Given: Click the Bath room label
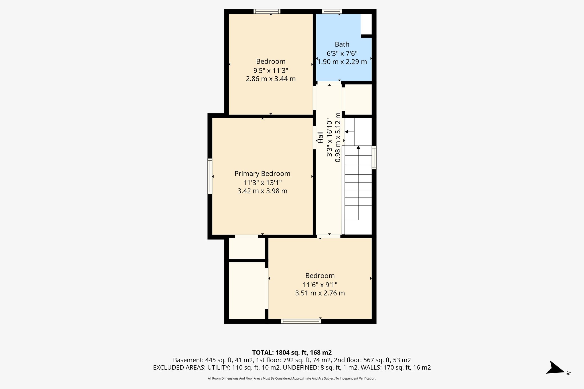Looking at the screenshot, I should click(x=342, y=44).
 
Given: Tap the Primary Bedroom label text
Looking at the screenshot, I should click(x=262, y=174).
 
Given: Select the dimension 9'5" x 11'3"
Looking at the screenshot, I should click(x=271, y=70).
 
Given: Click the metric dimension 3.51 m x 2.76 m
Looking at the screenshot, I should click(x=320, y=293).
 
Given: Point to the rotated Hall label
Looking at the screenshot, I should click(x=321, y=137).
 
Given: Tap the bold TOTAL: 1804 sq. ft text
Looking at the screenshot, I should click(x=292, y=353).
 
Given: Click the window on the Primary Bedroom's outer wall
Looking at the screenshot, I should click(x=210, y=176).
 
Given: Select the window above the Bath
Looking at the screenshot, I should click(x=332, y=11).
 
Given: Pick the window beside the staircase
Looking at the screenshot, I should click(x=374, y=157).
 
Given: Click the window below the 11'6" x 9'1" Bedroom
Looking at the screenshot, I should click(x=301, y=321).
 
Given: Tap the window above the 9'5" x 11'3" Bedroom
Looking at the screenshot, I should click(x=267, y=11).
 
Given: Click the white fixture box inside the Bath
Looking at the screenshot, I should click(x=366, y=24).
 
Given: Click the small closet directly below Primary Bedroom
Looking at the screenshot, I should click(x=247, y=248).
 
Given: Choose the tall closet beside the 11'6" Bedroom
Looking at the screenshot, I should click(x=247, y=290).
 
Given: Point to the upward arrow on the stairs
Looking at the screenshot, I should click(x=358, y=148).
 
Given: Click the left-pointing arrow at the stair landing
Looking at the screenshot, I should click(x=347, y=132).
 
